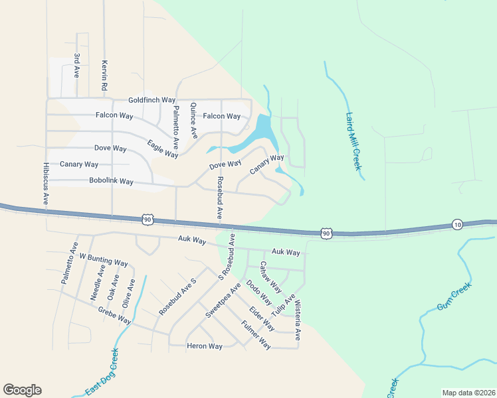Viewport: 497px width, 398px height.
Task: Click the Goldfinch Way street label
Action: (x=151, y=99)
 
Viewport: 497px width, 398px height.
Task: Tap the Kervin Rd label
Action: (x=104, y=75)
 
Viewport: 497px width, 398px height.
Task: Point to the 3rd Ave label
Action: (x=77, y=66)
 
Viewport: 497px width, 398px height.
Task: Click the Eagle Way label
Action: (x=163, y=149)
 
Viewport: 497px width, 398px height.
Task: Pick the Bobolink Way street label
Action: (x=111, y=181)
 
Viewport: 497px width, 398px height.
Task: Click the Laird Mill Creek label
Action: (x=353, y=141)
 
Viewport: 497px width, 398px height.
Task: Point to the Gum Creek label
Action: (x=454, y=298)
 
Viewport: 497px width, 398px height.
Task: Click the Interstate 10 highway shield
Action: (x=456, y=225)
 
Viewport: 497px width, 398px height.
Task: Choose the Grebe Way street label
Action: (x=114, y=315)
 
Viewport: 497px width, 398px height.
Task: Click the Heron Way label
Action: (x=204, y=346)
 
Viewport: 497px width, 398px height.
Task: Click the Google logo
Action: (x=22, y=390)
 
